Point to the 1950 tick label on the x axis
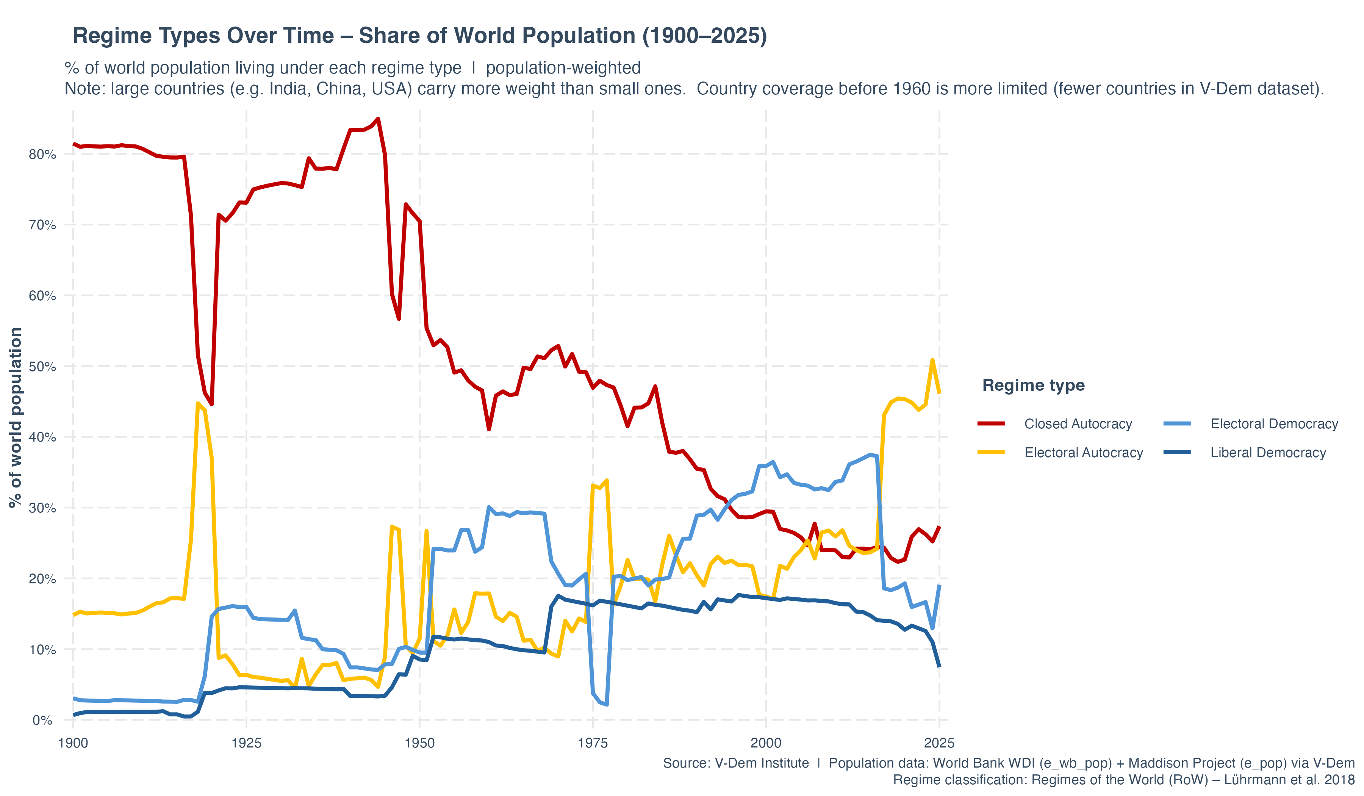tap(419, 743)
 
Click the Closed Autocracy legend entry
tap(1078, 424)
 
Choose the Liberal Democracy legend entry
tap(1268, 453)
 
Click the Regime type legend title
tap(1033, 385)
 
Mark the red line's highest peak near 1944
tap(378, 119)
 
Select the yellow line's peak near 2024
tap(932, 360)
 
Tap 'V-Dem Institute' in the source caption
tap(762, 763)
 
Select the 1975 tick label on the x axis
tap(593, 743)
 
